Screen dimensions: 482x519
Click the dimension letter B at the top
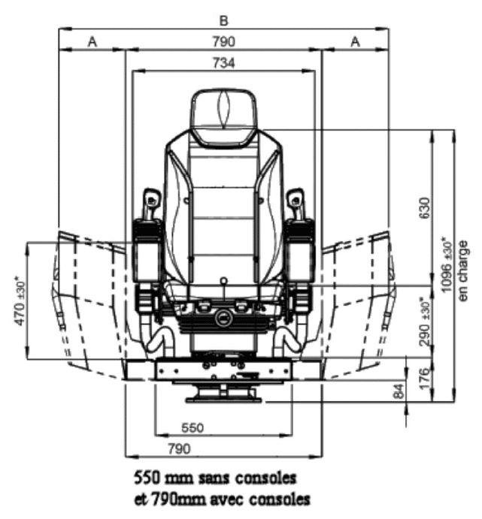224,21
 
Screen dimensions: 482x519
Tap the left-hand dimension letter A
92,42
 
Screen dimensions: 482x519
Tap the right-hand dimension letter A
356,42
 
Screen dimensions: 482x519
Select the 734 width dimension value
223,63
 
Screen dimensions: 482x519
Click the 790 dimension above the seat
223,42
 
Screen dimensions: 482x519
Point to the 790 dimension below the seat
179,449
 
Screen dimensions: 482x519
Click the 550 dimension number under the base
192,428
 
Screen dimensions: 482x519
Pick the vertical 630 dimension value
424,208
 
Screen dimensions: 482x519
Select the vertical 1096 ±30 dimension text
447,264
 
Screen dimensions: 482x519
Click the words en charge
463,270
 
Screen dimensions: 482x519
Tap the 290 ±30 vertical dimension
424,321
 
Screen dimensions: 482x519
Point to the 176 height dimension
425,379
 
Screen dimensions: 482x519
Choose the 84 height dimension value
399,391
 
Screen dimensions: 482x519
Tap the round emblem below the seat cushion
223,318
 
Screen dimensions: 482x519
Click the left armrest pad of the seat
146,252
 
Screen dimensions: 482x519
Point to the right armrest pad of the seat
301,252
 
